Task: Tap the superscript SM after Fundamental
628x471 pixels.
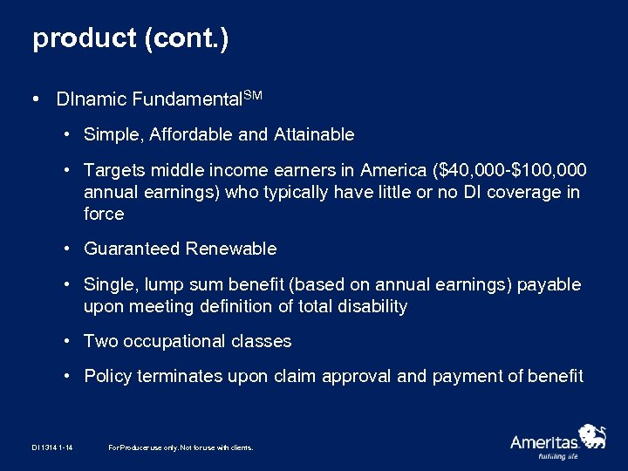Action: pyautogui.click(x=252, y=94)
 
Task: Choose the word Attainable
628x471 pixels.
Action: pyautogui.click(x=314, y=134)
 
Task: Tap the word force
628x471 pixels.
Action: pyautogui.click(x=104, y=215)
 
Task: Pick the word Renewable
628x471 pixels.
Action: pyautogui.click(x=231, y=249)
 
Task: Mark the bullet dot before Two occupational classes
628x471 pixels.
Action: pyautogui.click(x=67, y=342)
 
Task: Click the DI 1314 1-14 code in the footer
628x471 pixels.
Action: pyautogui.click(x=51, y=447)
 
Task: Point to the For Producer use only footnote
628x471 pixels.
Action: pyautogui.click(x=181, y=447)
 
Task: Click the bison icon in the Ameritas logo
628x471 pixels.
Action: pyautogui.click(x=592, y=435)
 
